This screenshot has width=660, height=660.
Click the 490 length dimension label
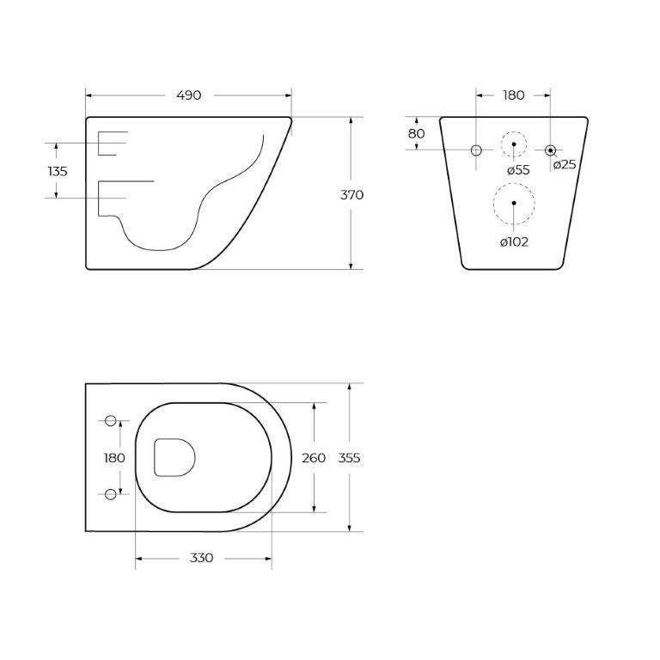188,95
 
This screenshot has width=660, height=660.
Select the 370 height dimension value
351,195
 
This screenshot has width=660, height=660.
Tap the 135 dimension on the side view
58,171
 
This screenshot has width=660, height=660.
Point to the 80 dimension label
416,134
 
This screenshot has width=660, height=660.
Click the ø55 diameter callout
518,170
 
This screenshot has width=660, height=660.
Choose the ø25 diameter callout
565,165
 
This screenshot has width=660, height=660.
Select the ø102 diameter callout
515,241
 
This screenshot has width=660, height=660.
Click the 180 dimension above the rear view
513,95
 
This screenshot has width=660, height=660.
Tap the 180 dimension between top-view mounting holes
114,458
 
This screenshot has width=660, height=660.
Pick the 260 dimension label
314,458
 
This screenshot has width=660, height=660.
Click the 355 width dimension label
349,458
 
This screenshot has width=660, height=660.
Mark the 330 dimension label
201,559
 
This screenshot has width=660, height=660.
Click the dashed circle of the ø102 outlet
514,204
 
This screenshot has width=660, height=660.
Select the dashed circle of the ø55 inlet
514,144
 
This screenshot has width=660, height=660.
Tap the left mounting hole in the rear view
476,150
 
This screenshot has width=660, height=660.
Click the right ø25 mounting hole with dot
551,150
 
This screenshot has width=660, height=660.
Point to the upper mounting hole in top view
110,420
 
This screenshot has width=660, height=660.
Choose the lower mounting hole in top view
110,493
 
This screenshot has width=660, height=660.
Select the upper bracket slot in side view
110,144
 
